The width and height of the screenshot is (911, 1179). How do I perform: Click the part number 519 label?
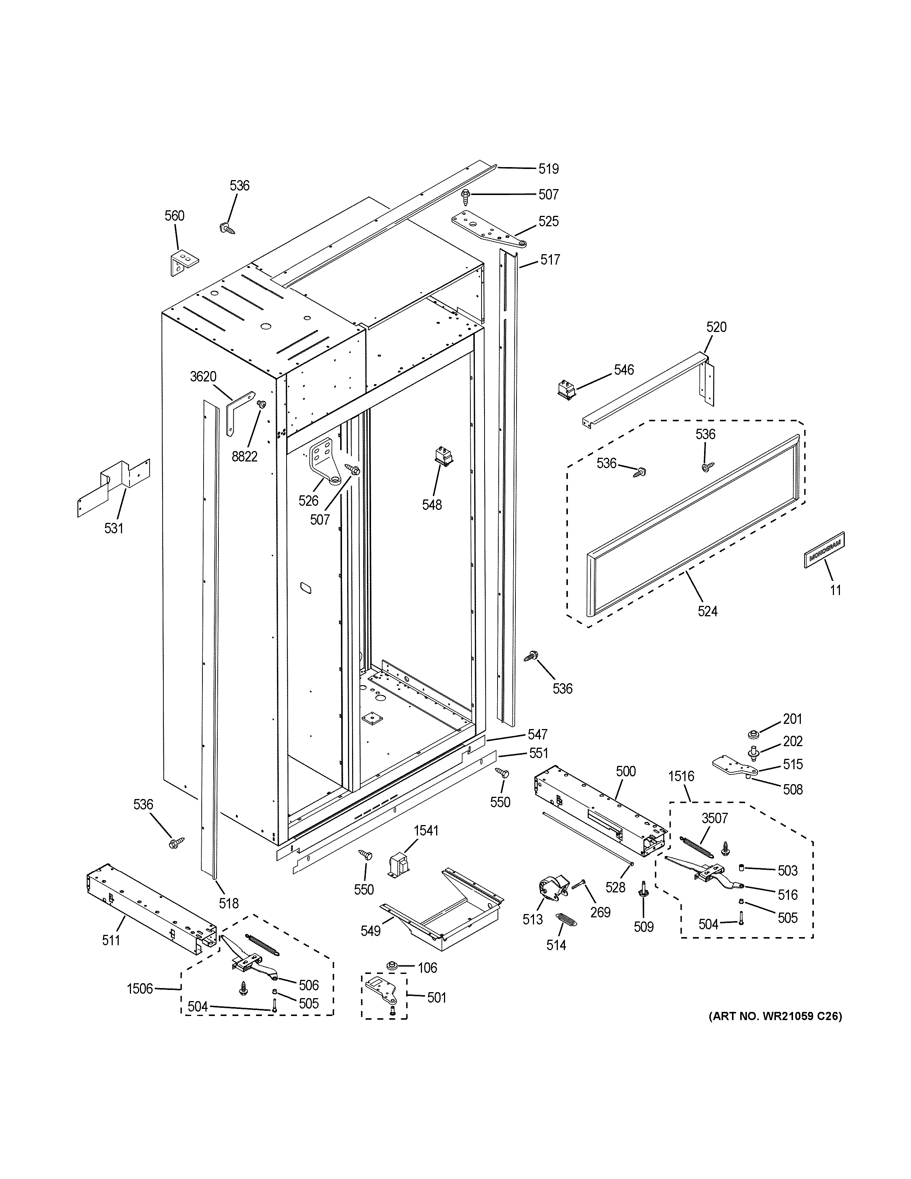[x=548, y=169]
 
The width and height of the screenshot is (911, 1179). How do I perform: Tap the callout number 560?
[x=174, y=216]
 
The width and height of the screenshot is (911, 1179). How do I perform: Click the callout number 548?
[x=432, y=505]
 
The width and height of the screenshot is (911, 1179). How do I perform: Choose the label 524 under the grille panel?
[x=707, y=611]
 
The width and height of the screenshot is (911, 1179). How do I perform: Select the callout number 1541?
[x=426, y=830]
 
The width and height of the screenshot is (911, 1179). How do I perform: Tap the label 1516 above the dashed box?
[x=681, y=776]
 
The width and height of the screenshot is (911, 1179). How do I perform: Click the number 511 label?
[x=111, y=940]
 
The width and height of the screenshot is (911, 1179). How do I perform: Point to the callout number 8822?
[x=244, y=457]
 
